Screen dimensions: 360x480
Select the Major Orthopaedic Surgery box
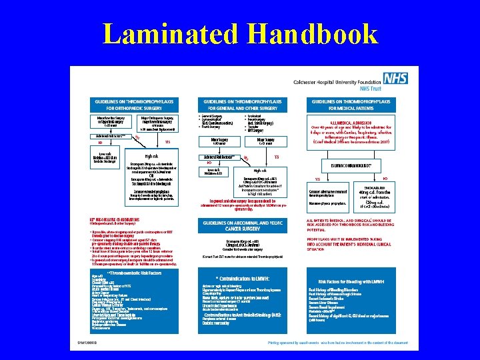157,122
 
